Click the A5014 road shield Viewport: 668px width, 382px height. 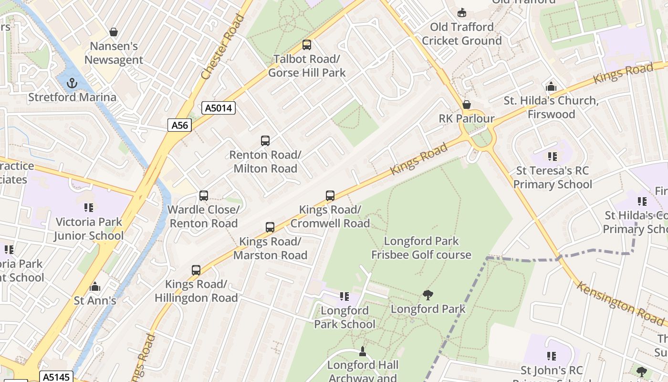[219, 108]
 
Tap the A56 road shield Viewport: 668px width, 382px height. [180, 125]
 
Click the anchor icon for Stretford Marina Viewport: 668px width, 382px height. [72, 84]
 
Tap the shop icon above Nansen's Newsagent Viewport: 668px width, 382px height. [114, 32]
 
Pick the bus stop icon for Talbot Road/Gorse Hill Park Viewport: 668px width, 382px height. [307, 45]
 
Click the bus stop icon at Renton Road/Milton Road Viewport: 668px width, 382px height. [265, 141]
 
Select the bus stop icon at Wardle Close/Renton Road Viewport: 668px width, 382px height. [204, 196]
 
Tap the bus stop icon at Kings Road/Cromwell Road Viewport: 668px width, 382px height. [330, 195]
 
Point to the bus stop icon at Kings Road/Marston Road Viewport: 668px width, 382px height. [270, 227]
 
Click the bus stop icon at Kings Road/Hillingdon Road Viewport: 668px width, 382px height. [196, 270]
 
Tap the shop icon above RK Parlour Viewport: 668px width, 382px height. [467, 104]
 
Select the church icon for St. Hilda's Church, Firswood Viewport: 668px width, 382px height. [551, 86]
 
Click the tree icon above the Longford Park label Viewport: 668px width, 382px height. [428, 295]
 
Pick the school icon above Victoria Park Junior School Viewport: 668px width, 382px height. [89, 208]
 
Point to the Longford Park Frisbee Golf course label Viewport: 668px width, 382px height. [421, 248]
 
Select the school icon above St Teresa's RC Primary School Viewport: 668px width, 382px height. [553, 157]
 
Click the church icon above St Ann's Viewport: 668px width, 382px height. [95, 286]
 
